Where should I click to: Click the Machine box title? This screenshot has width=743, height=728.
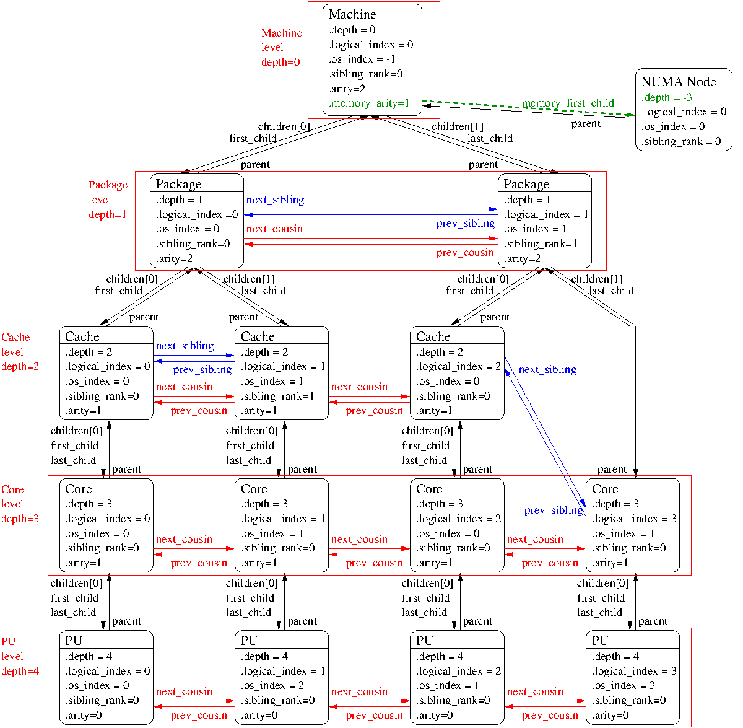[352, 14]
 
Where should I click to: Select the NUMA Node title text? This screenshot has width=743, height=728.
[678, 82]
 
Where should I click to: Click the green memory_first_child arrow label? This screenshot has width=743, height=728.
[568, 103]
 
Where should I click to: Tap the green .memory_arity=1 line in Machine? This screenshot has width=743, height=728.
[369, 103]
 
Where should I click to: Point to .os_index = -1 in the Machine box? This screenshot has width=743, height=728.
[362, 59]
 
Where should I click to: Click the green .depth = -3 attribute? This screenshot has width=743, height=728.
[666, 97]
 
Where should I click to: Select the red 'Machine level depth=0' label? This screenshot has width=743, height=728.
[281, 48]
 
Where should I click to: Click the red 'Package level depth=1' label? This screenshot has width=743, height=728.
[108, 200]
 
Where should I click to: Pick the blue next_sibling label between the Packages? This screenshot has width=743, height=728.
[275, 200]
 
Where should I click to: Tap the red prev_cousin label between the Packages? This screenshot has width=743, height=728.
[464, 253]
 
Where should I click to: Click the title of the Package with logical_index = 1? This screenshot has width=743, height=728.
[526, 184]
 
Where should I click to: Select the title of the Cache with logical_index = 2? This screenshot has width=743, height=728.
[433, 336]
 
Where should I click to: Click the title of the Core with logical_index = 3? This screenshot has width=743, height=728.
[604, 489]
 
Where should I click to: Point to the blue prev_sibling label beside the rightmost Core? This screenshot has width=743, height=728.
[553, 511]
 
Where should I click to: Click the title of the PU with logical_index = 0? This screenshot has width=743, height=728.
[74, 641]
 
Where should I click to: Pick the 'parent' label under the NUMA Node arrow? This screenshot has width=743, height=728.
[586, 124]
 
